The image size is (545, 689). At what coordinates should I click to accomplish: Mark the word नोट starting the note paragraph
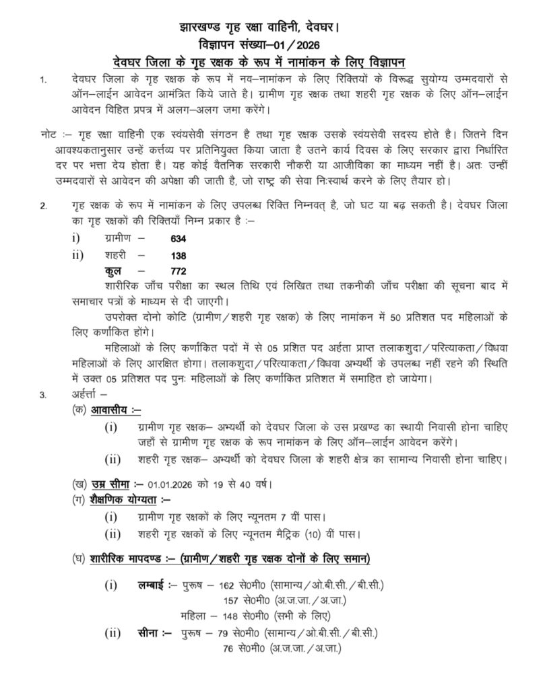49,134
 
